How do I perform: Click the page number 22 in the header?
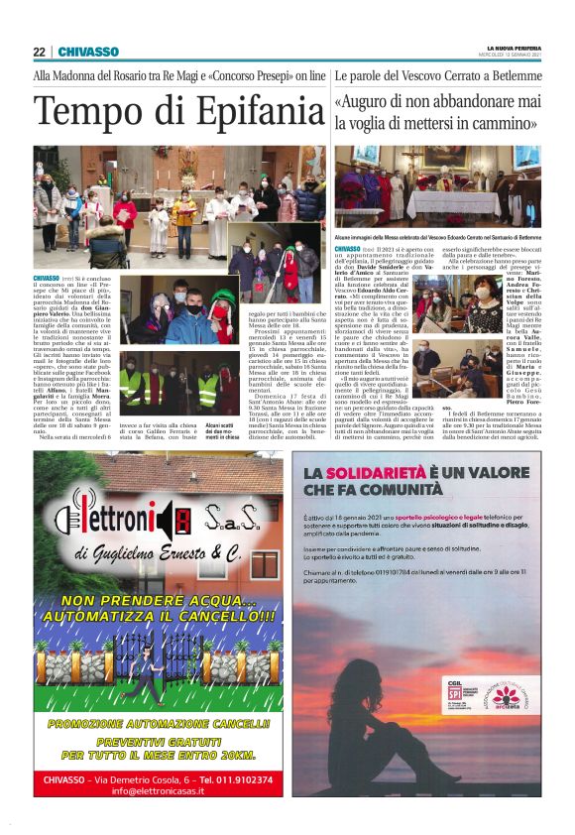[x=39, y=52]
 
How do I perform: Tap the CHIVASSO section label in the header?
[x=88, y=52]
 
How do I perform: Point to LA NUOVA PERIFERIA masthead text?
[x=514, y=47]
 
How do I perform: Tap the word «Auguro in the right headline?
[x=364, y=102]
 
